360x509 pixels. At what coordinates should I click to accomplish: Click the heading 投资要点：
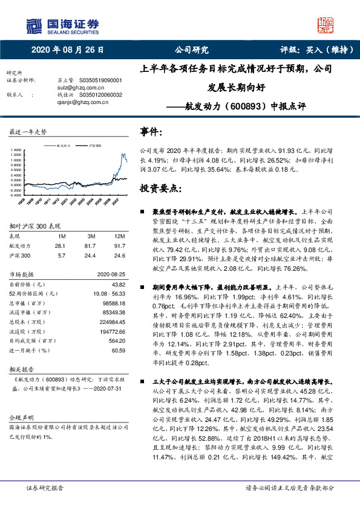pos(160,189)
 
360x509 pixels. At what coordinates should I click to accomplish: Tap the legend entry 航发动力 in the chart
pos(65,146)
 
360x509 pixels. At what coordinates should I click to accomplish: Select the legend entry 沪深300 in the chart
pos(94,146)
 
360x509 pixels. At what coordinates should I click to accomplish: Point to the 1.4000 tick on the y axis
pos(15,149)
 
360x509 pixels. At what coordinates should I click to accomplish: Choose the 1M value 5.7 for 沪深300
pos(60,256)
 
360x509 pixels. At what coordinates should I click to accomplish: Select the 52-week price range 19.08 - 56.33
pos(110,293)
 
